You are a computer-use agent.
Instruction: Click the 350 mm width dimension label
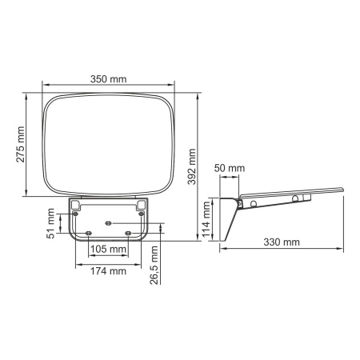coord(109,80)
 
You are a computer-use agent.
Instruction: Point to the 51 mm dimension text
coord(50,224)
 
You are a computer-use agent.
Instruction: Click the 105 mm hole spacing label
coord(108,250)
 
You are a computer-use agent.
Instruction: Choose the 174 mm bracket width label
coord(108,271)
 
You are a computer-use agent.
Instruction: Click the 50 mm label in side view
coord(230,168)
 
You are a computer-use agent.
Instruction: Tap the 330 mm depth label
coord(282,242)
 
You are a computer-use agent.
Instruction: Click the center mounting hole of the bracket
coord(108,222)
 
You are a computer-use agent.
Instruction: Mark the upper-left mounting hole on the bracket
coord(76,214)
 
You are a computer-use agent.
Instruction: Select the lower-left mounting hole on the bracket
coord(87,233)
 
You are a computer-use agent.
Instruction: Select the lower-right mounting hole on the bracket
coord(129,233)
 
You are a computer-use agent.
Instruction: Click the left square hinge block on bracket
coord(75,206)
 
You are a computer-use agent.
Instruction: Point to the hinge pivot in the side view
coord(238,202)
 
